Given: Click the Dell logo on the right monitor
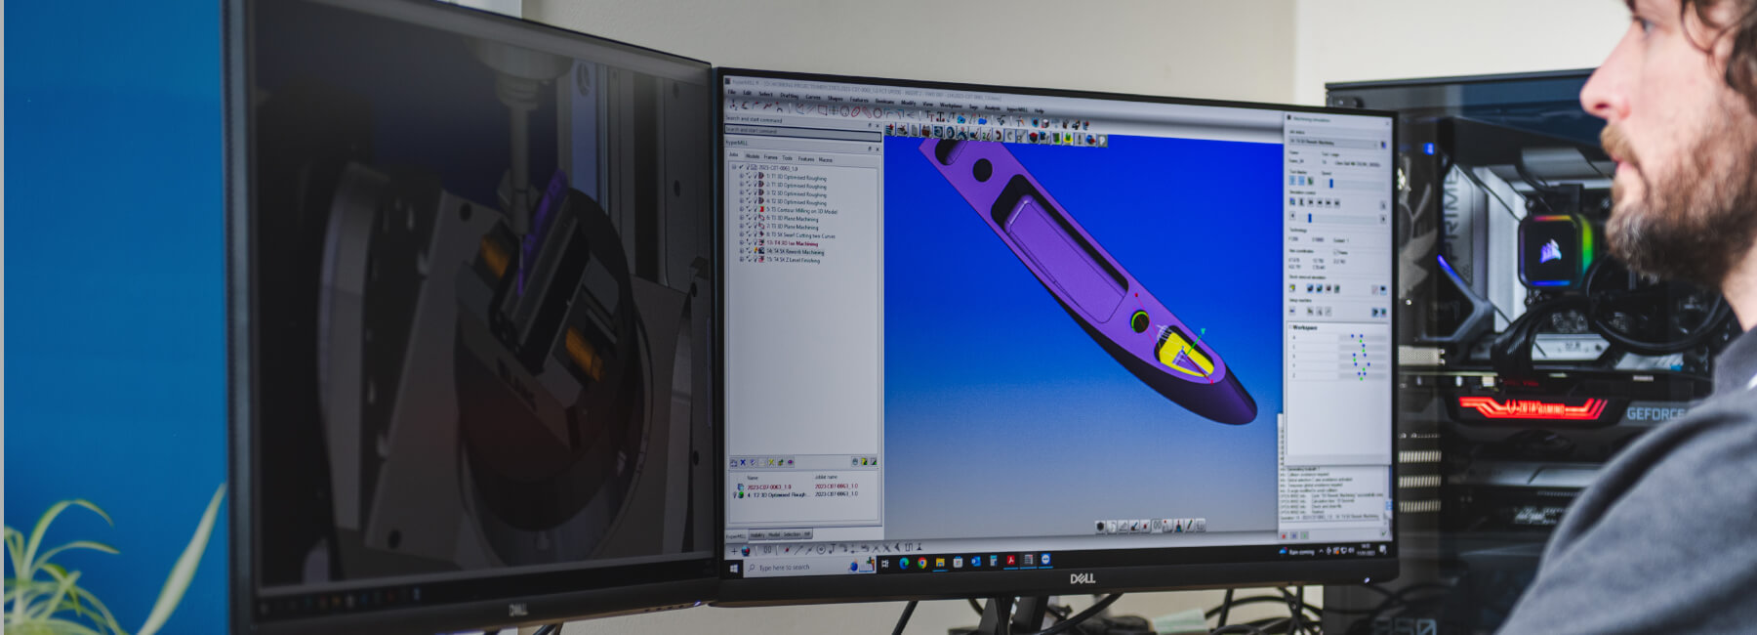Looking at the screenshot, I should [x=1082, y=578].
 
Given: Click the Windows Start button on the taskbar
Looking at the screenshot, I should [x=734, y=567].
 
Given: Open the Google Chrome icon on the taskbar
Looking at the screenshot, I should [x=921, y=564].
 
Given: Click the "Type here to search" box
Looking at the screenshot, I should [x=796, y=567].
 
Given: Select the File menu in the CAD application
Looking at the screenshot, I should [x=732, y=93].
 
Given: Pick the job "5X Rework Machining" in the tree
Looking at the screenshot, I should [x=799, y=252].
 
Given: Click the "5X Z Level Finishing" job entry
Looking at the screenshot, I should [x=797, y=260].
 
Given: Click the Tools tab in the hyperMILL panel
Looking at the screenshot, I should [x=787, y=157].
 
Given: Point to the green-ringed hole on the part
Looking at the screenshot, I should [x=1138, y=320].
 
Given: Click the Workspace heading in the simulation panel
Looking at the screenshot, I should [x=1305, y=327].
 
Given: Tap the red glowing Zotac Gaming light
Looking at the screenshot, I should [x=1532, y=407].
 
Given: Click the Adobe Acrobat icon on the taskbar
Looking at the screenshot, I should [x=1010, y=562].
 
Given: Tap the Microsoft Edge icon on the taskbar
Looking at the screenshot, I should [x=904, y=564].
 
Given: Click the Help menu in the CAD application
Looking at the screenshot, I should [x=1039, y=109].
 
